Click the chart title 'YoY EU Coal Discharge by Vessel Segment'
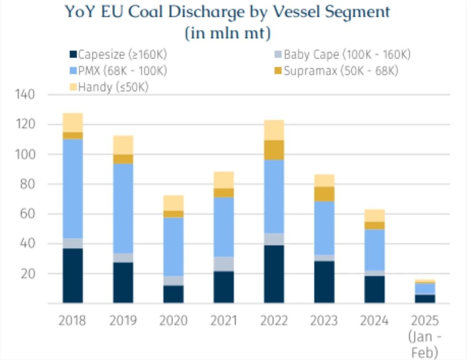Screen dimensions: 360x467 (x=228, y=12)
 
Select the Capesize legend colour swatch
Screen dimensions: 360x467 (x=73, y=55)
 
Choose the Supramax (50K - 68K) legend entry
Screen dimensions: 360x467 (x=340, y=71)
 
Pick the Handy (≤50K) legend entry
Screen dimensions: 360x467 (x=113, y=87)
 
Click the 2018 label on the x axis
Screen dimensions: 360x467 (x=72, y=320)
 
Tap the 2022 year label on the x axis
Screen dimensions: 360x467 (x=274, y=320)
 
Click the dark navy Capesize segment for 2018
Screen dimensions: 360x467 (x=73, y=276)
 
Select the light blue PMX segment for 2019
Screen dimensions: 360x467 (x=123, y=209)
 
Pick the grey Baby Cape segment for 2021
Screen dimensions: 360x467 (x=224, y=264)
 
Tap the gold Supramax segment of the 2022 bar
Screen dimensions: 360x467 (x=274, y=150)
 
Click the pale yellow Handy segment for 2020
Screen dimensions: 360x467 (x=173, y=203)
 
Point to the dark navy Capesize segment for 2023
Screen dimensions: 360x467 (x=324, y=282)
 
